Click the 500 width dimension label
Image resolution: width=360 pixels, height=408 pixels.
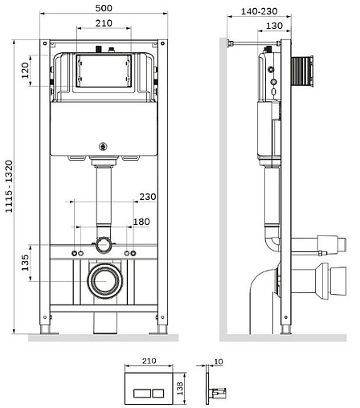click(x=104, y=8)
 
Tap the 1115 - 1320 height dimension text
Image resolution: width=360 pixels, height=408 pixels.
click(x=9, y=186)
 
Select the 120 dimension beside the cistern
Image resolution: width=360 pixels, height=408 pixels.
click(x=25, y=70)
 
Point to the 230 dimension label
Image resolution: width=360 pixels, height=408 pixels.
click(x=148, y=197)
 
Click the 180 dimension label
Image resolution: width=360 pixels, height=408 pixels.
click(x=141, y=222)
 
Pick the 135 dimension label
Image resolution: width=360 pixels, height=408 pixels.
click(x=25, y=263)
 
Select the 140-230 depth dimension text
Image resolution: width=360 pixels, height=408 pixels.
click(x=260, y=11)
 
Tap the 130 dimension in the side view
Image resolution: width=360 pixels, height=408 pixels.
click(x=274, y=26)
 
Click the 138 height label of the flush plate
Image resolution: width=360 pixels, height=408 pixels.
click(x=180, y=388)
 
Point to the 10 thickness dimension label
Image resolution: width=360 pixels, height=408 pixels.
click(x=219, y=361)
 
